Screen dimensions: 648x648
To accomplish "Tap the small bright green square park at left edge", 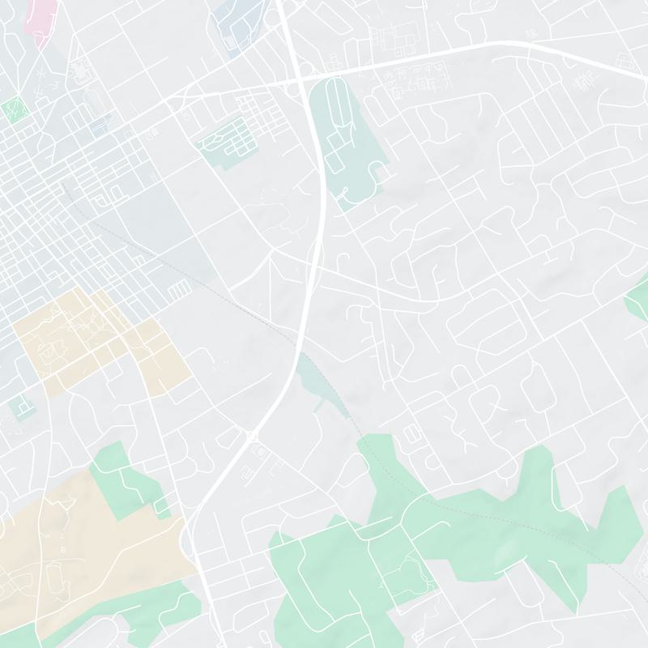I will pyautogui.click(x=12, y=109).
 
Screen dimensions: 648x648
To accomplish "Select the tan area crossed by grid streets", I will pyautogui.click(x=97, y=340).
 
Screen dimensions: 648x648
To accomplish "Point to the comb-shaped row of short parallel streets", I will pyautogui.click(x=181, y=289).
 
